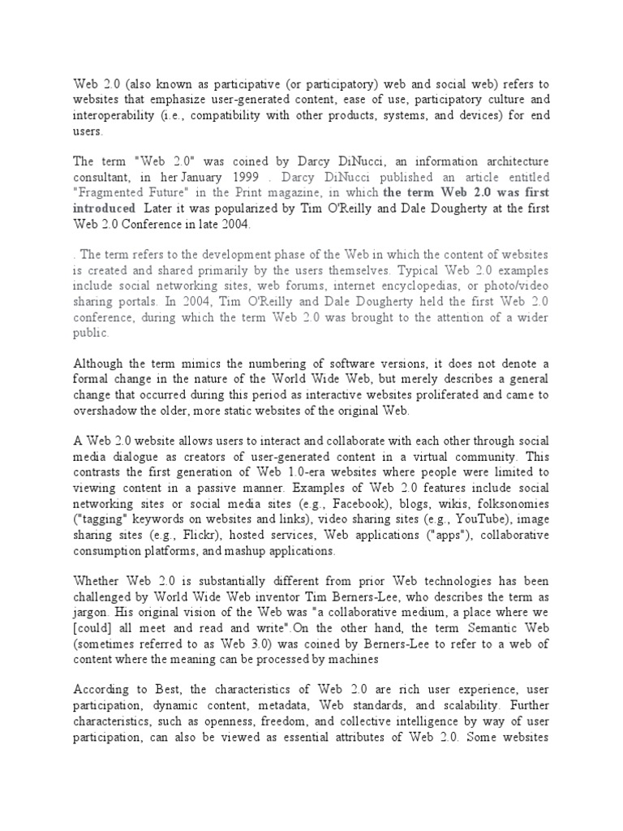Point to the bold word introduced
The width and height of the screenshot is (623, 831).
tap(105, 209)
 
